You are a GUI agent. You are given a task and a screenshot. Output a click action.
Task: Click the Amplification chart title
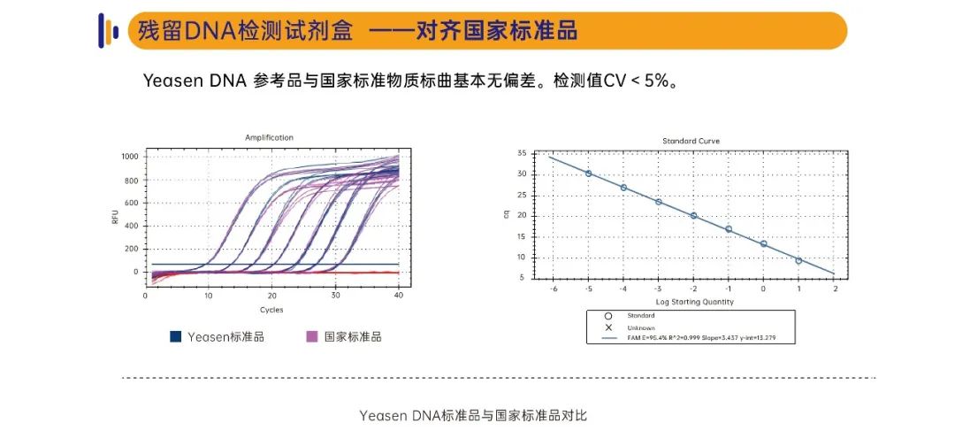(269, 137)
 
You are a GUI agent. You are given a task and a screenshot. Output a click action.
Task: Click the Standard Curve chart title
(691, 141)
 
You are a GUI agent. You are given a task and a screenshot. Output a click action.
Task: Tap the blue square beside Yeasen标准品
(176, 336)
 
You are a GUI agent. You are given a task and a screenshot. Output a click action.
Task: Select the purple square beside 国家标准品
(311, 336)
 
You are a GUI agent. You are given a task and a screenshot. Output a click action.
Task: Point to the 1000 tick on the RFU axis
(130, 157)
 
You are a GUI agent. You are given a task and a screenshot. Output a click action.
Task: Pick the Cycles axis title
(271, 310)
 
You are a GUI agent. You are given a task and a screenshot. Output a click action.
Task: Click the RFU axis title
(115, 215)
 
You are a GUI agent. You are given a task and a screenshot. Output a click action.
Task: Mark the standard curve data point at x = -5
(588, 173)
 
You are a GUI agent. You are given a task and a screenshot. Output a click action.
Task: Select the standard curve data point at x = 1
(798, 260)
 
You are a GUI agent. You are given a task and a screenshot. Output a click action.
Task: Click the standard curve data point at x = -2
(693, 215)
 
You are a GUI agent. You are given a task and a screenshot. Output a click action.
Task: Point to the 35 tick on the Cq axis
(522, 153)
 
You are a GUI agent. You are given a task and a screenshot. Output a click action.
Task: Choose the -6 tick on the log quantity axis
(553, 289)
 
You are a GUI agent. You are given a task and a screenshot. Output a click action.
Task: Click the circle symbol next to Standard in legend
(608, 316)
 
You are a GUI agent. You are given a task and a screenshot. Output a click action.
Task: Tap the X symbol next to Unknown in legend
(608, 327)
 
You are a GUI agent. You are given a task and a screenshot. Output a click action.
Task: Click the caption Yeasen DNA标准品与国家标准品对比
(473, 415)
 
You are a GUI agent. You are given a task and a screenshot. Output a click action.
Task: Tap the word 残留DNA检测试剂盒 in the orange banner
(245, 31)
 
